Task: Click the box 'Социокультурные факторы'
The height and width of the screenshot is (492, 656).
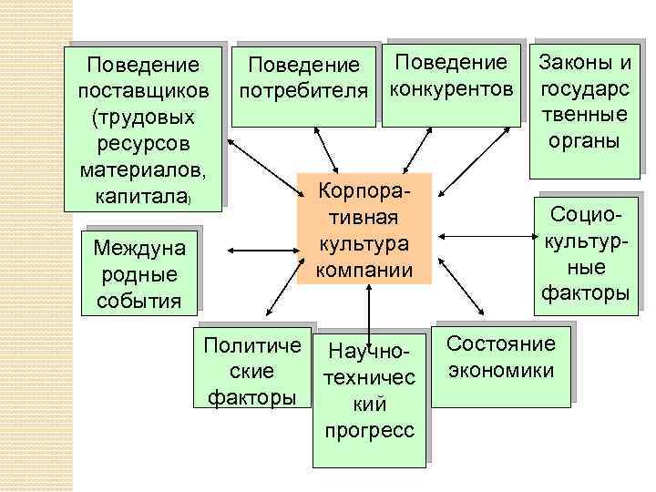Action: pos(585,252)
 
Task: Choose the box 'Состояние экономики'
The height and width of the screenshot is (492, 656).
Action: pos(500,358)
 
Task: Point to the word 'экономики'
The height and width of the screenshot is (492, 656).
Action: pos(500,371)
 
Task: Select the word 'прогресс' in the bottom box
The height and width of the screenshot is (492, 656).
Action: pos(368,429)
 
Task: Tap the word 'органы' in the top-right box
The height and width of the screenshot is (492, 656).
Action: pos(585,140)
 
